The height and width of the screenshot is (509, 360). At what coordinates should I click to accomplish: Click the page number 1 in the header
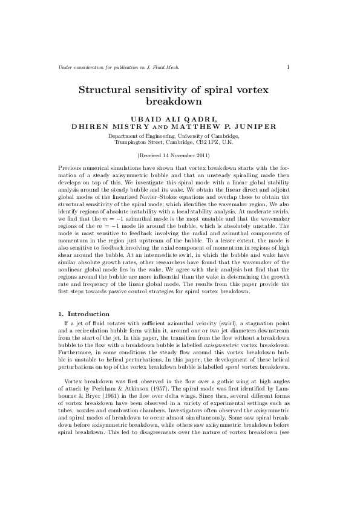click(288, 66)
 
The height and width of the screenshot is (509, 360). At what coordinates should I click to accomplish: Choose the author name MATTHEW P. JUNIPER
click(226, 126)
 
